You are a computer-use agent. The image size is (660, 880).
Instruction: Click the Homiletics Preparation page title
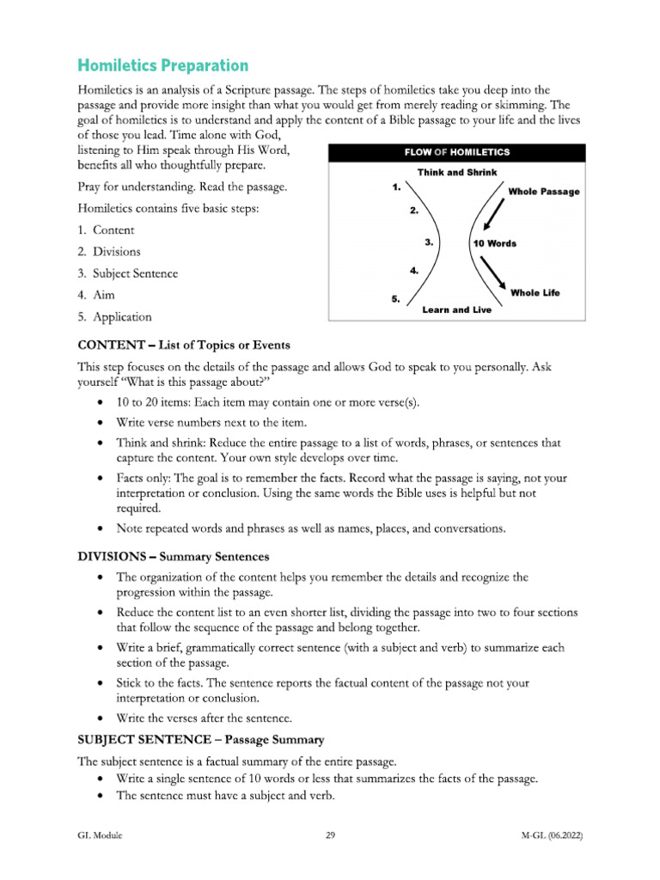[162, 66]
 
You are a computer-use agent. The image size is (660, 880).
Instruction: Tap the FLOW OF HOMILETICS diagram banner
[457, 152]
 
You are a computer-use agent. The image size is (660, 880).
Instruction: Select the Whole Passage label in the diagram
[543, 192]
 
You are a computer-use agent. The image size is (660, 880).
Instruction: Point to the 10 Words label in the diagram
[495, 243]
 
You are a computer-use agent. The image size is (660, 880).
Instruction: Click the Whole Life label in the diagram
[535, 293]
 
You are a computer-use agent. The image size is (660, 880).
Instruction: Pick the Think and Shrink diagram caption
[457, 173]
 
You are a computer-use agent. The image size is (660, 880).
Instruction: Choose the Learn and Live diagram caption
[456, 309]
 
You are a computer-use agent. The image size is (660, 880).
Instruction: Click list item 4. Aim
[97, 295]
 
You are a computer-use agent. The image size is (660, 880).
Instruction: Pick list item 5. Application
[114, 317]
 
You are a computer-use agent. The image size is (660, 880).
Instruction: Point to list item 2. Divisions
[109, 252]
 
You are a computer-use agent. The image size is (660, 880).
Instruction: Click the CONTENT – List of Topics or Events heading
[184, 345]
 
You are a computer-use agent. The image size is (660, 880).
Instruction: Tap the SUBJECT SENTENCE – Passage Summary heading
[205, 738]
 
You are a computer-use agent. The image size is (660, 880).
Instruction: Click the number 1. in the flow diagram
[396, 186]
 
